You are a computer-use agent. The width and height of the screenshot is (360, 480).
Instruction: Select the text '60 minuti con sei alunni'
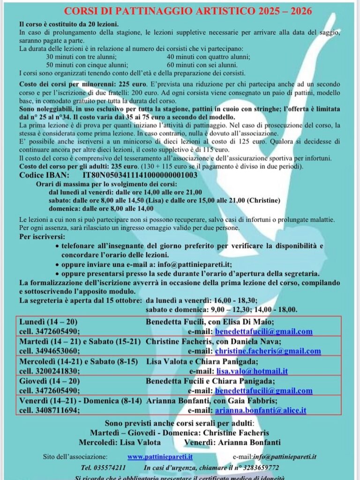pyautogui.click(x=202, y=65)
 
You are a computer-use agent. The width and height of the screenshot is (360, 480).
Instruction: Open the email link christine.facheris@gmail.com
pyautogui.click(x=268, y=351)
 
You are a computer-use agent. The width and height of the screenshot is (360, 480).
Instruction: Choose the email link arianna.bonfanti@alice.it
pyautogui.click(x=261, y=410)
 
